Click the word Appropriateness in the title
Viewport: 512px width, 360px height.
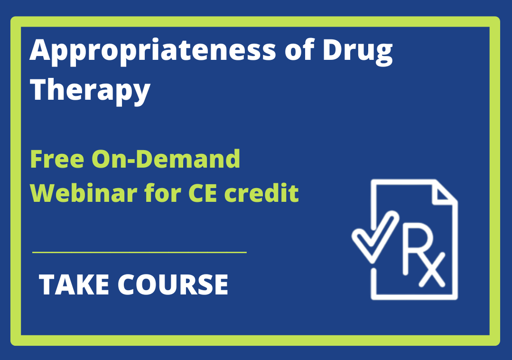point(153,52)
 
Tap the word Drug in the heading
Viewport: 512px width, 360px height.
point(358,52)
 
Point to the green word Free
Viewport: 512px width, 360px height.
point(57,159)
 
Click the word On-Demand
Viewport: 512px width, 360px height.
point(166,159)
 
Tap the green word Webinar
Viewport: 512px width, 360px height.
point(84,193)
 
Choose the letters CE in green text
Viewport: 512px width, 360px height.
point(203,193)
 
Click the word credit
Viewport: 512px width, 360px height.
point(261,193)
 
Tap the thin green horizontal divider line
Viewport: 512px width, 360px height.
point(140,252)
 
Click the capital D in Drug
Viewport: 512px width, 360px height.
point(334,50)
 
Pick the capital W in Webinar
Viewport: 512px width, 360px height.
point(45,193)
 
